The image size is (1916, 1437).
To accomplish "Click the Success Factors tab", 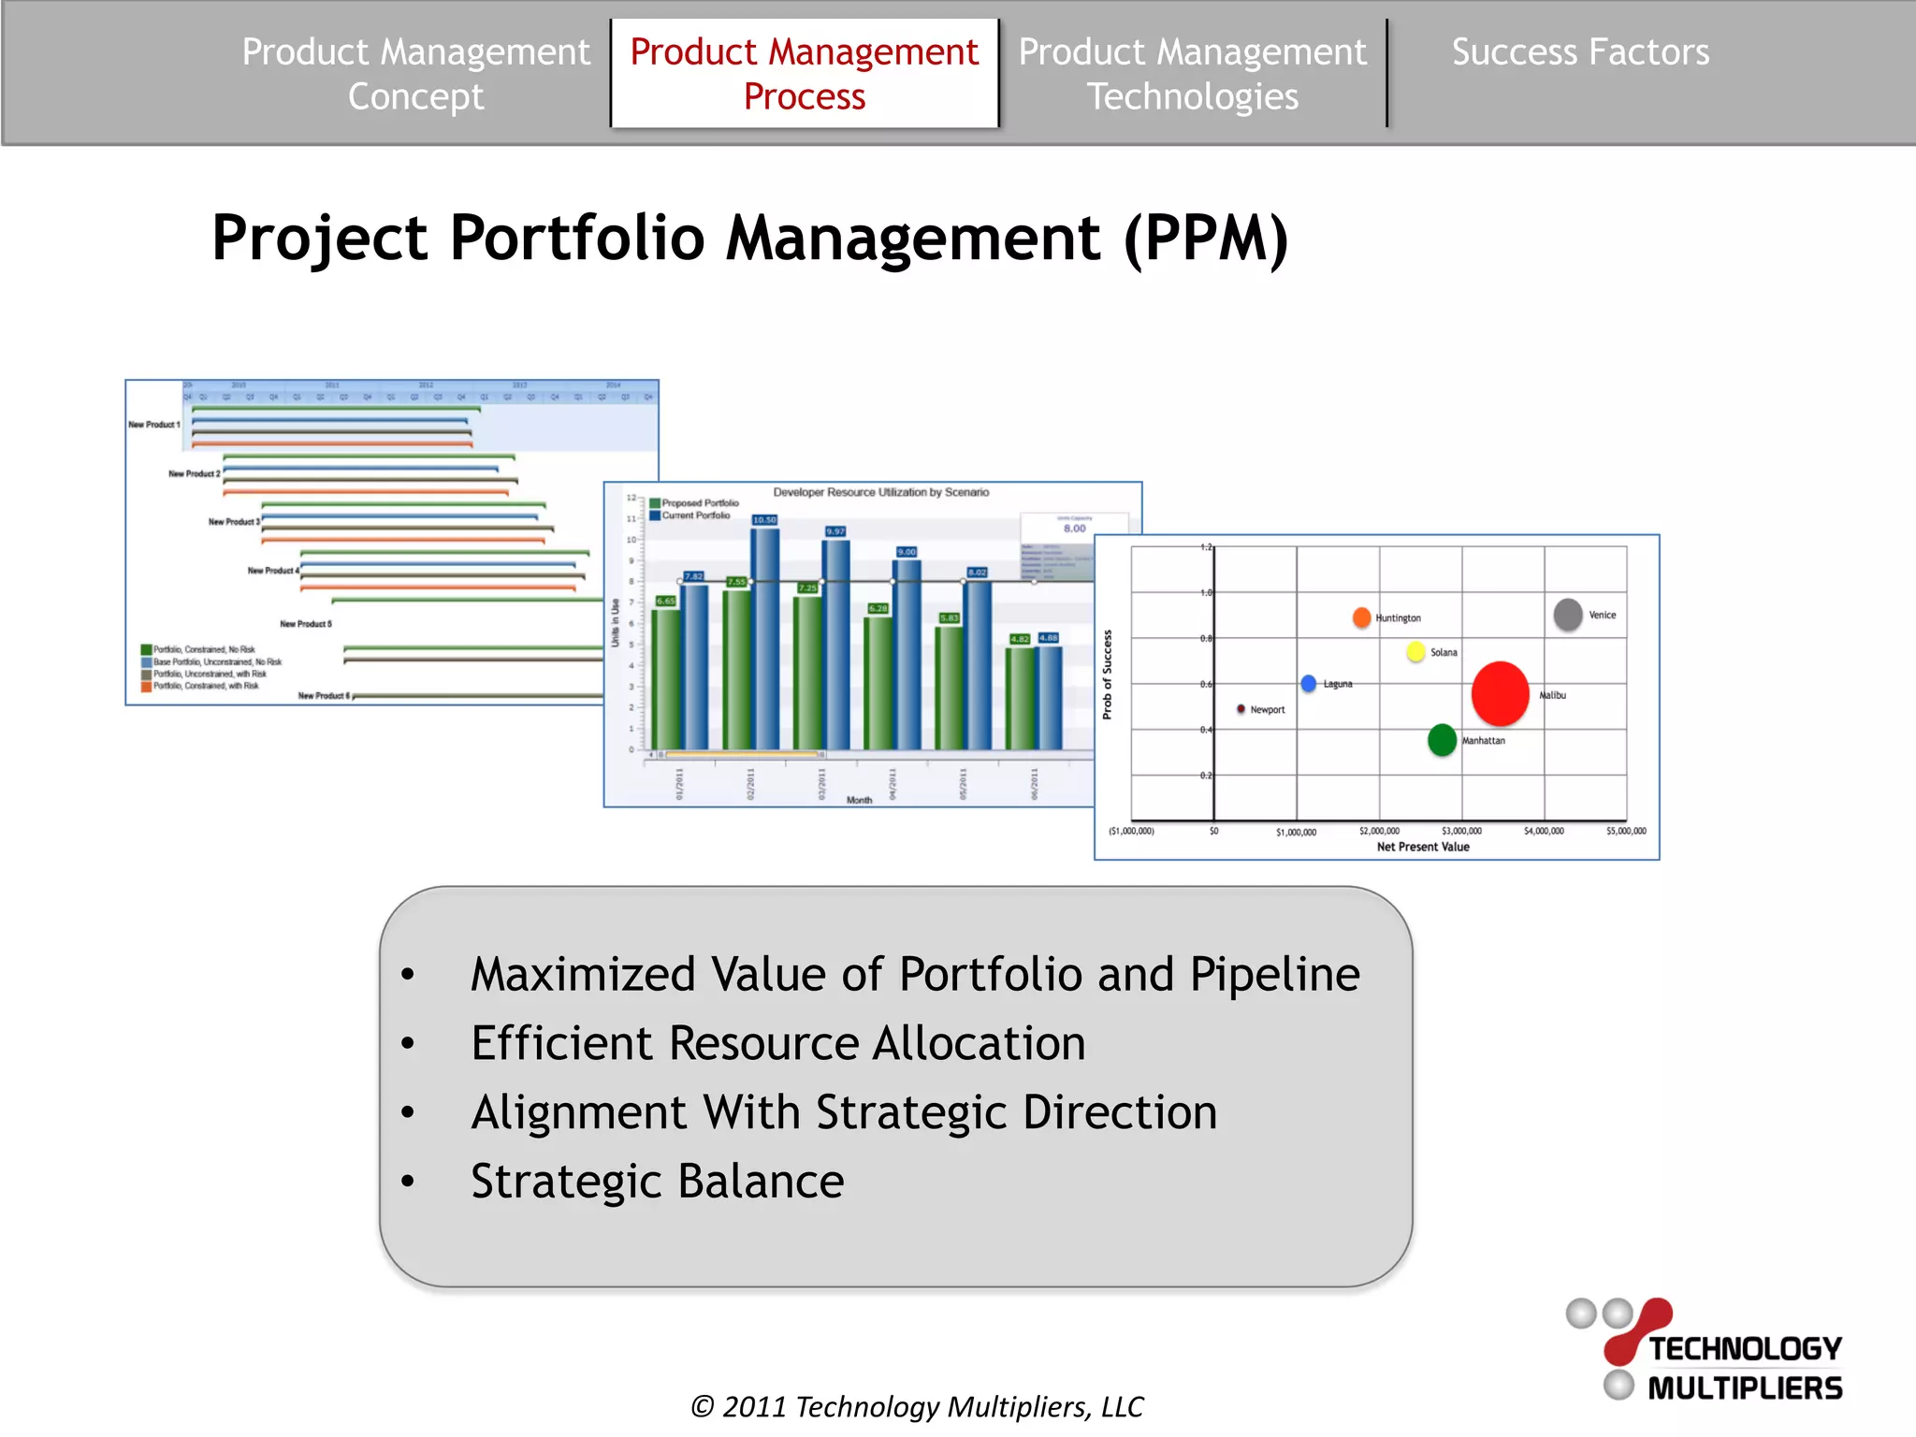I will click(x=1580, y=52).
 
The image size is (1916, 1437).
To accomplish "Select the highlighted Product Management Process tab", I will click(x=804, y=74).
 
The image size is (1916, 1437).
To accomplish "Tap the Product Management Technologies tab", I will click(x=1192, y=74).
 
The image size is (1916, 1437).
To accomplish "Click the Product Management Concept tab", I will click(x=415, y=74).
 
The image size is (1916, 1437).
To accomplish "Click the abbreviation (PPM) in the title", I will click(x=1205, y=238).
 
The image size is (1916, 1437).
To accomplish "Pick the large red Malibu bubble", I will click(x=1500, y=693).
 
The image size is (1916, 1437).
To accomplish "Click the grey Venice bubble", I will click(x=1568, y=615).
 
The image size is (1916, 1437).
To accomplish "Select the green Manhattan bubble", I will click(x=1442, y=739).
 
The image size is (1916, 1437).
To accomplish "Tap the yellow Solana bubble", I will click(x=1415, y=651).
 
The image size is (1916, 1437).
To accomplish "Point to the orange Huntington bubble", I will click(x=1361, y=617).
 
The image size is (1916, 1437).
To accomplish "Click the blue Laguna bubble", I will click(x=1309, y=684).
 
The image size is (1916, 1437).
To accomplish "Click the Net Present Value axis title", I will click(x=1422, y=847).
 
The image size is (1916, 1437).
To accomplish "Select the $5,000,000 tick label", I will click(x=1625, y=831).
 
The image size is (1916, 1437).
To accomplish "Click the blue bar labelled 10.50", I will click(x=765, y=636).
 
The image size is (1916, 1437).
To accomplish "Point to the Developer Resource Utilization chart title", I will click(x=880, y=492).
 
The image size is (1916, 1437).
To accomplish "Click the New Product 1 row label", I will click(x=154, y=425).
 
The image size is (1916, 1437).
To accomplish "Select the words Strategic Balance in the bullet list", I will click(x=657, y=1181).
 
